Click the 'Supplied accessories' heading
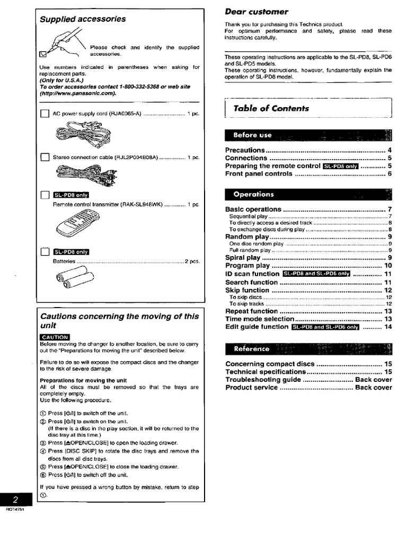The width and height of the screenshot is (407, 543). [83, 19]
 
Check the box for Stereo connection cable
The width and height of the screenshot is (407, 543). [45, 157]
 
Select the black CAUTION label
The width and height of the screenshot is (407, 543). [54, 337]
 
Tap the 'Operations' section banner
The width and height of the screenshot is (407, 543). [254, 194]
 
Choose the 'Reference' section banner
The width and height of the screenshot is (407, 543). [252, 349]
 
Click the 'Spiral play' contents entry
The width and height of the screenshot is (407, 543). [243, 258]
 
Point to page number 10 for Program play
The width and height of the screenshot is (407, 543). [388, 266]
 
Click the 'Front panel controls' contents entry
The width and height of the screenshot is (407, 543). [259, 173]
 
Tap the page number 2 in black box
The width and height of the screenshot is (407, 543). [16, 500]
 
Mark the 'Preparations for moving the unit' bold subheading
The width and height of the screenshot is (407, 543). [83, 381]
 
